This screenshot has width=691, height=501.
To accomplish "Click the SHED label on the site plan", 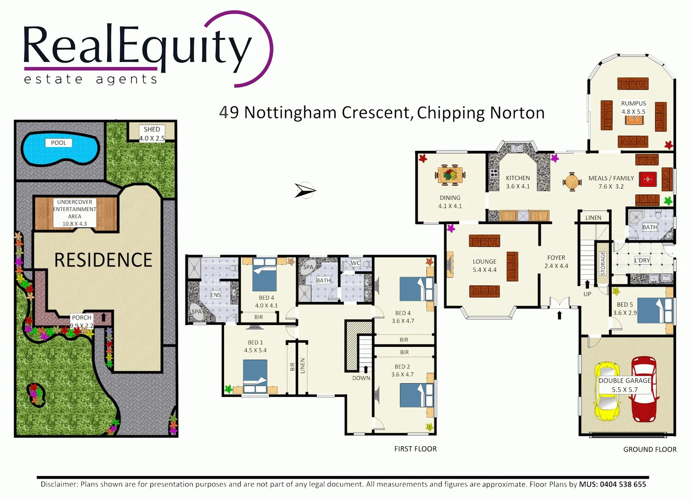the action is [x=152, y=129].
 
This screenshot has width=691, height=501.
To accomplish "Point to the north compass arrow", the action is [x=305, y=190].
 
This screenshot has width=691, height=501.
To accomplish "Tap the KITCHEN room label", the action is [x=518, y=178].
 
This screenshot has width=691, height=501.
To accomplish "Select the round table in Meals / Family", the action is [x=572, y=181].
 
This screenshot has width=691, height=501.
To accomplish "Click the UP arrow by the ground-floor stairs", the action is [x=587, y=284].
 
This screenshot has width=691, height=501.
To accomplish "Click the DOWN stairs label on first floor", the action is [x=361, y=378].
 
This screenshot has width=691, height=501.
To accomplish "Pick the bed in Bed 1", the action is [x=255, y=376].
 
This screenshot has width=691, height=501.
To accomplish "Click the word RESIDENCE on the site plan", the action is [x=103, y=260].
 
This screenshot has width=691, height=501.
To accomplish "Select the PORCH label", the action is [x=81, y=318].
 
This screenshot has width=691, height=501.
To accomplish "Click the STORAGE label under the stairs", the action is [x=603, y=263].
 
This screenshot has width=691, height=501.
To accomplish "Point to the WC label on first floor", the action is [x=355, y=263].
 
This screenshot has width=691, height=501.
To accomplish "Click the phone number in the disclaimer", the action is [x=623, y=484].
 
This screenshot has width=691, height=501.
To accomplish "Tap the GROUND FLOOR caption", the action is [x=649, y=450].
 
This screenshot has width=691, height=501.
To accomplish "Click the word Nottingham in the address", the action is [x=290, y=113].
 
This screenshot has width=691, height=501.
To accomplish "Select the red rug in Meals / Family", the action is [x=647, y=179].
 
